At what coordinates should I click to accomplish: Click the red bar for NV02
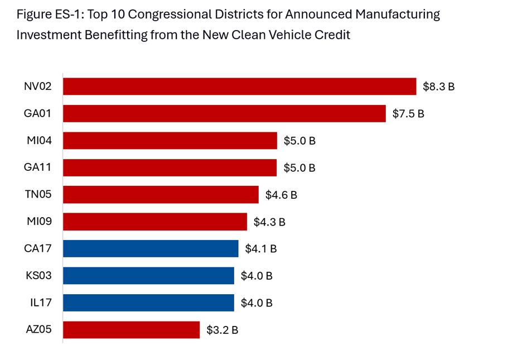tap(239, 87)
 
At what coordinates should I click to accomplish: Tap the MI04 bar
tap(170, 141)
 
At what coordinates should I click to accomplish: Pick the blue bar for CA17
tap(151, 248)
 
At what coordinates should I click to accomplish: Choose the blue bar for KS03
tap(148, 276)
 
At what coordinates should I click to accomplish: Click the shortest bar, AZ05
tap(131, 330)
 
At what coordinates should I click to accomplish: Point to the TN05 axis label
tap(38, 195)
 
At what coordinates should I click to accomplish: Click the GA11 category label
tap(38, 167)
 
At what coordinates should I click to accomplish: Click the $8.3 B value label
tap(439, 87)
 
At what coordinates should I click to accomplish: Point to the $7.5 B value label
tap(408, 114)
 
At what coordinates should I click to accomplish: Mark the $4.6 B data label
tap(281, 195)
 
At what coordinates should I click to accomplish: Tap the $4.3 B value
tap(269, 222)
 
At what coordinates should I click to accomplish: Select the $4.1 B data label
tap(261, 249)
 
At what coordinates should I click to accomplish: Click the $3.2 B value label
tap(223, 330)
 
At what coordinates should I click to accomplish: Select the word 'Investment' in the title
tap(50, 35)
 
